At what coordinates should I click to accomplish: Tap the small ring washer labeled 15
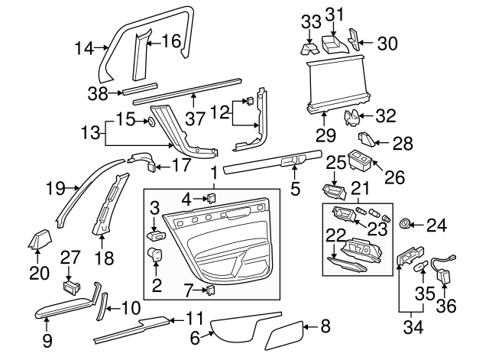click(x=150, y=121)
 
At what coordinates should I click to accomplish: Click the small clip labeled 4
click(x=211, y=199)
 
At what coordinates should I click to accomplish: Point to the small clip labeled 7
click(x=211, y=290)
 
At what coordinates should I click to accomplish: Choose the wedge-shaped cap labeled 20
click(x=40, y=240)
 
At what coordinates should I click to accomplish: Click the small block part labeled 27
click(x=72, y=287)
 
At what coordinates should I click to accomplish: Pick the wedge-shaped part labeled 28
click(x=368, y=141)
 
